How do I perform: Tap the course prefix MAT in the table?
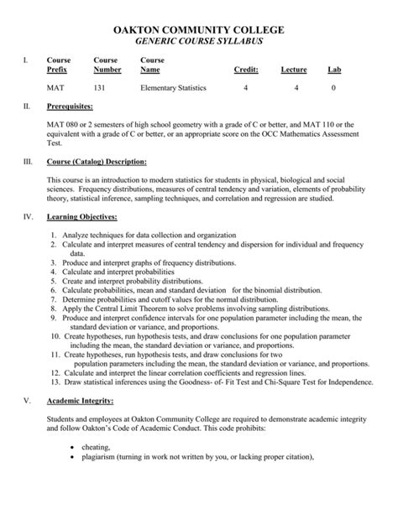54,88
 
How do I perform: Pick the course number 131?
101,88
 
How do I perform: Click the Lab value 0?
333,88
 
